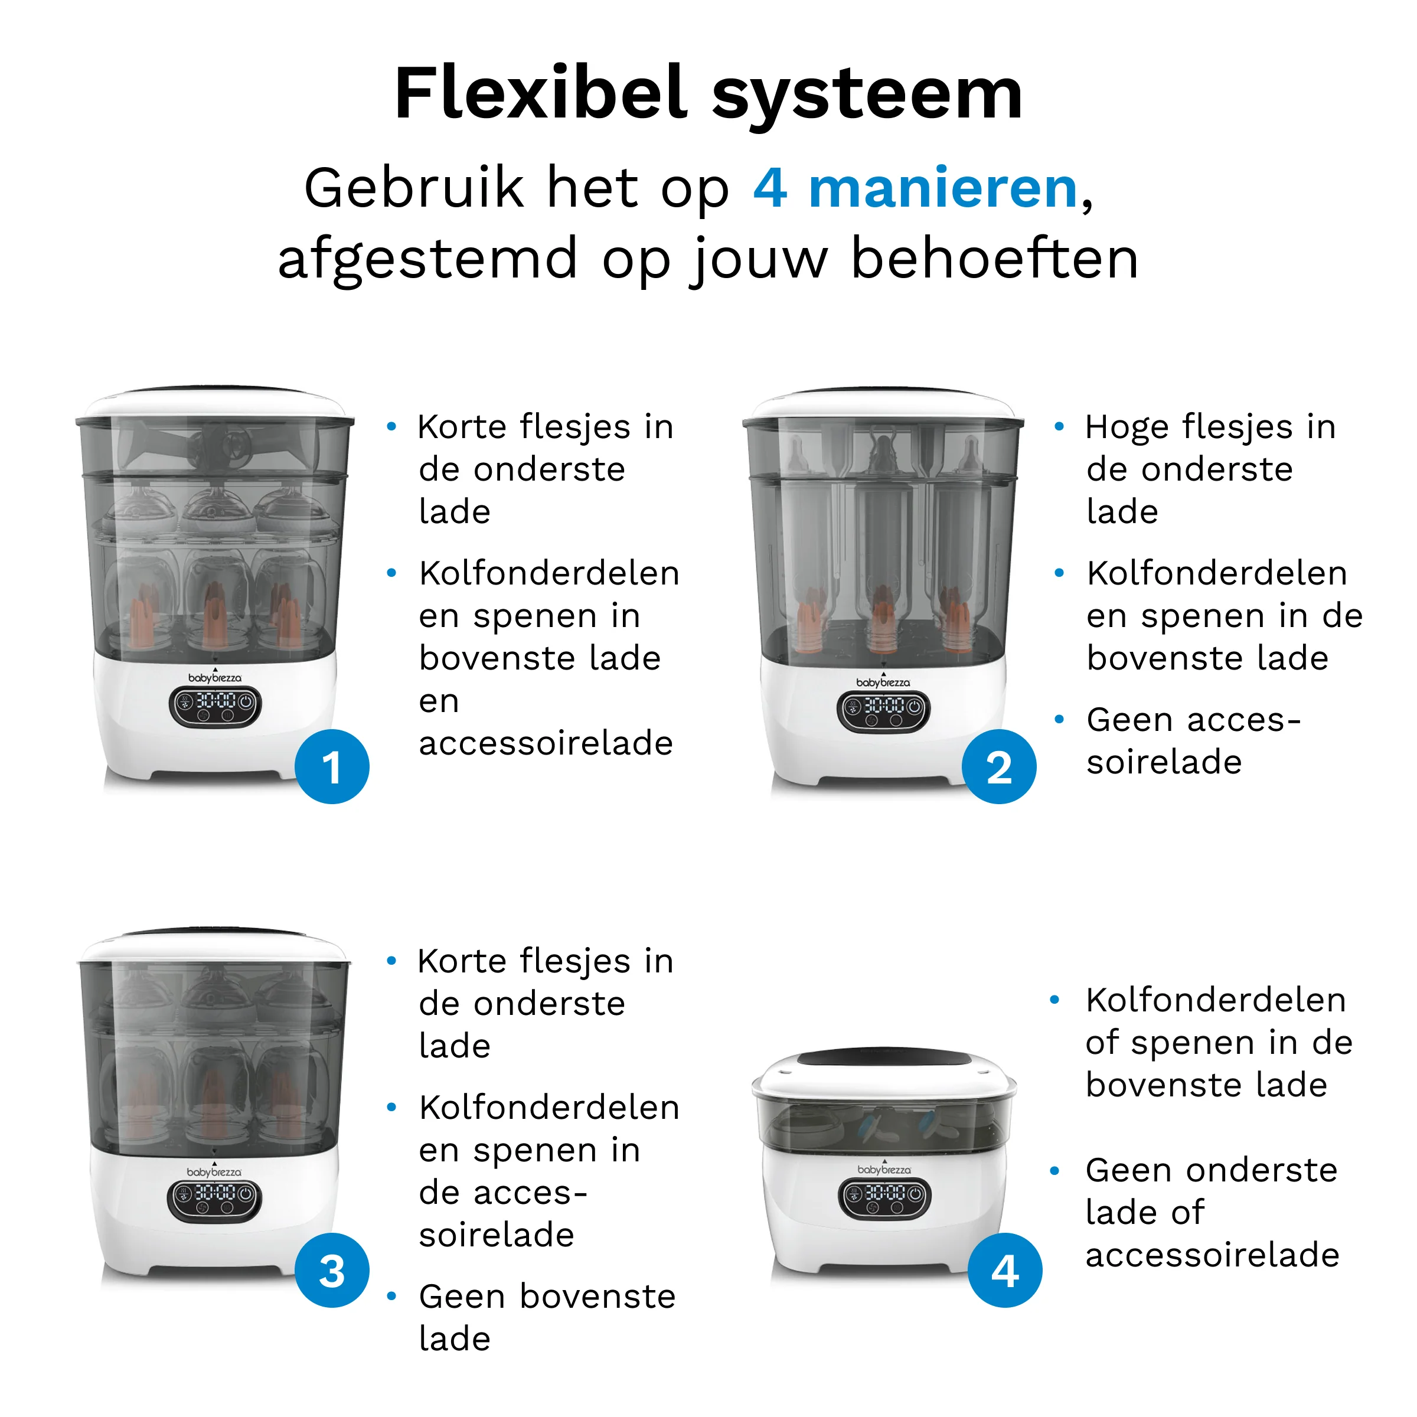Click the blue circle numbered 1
(331, 767)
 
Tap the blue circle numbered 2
(999, 767)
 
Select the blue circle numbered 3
(331, 1271)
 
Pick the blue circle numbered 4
(1004, 1271)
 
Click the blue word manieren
(942, 188)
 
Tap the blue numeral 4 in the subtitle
(770, 188)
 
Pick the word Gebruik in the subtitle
(414, 188)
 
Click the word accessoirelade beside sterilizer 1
(546, 743)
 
